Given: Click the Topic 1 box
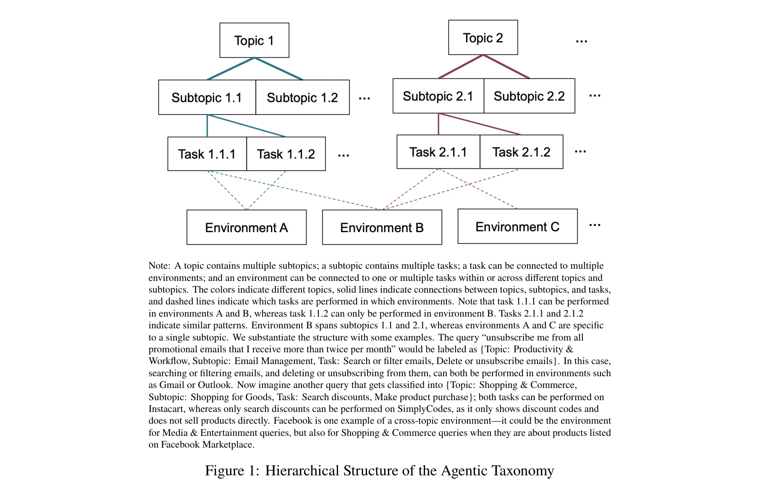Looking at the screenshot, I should tap(254, 40).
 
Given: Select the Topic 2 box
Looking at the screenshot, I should tap(483, 38).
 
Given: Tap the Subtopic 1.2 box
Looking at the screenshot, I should tap(302, 97).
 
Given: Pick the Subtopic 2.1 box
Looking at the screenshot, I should tap(438, 96).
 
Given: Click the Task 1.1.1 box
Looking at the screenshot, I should tap(207, 154).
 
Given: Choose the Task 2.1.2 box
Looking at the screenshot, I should tap(521, 152).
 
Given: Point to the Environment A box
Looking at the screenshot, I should tap(247, 228).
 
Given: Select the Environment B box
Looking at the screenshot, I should tap(382, 228).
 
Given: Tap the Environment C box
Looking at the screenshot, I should tap(517, 227).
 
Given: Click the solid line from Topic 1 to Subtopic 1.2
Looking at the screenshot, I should tap(278, 69).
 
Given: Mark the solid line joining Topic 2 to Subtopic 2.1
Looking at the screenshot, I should tap(461, 67).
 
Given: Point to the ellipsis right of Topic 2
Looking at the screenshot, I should tap(582, 41).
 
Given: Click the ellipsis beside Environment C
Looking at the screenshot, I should tap(595, 225).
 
